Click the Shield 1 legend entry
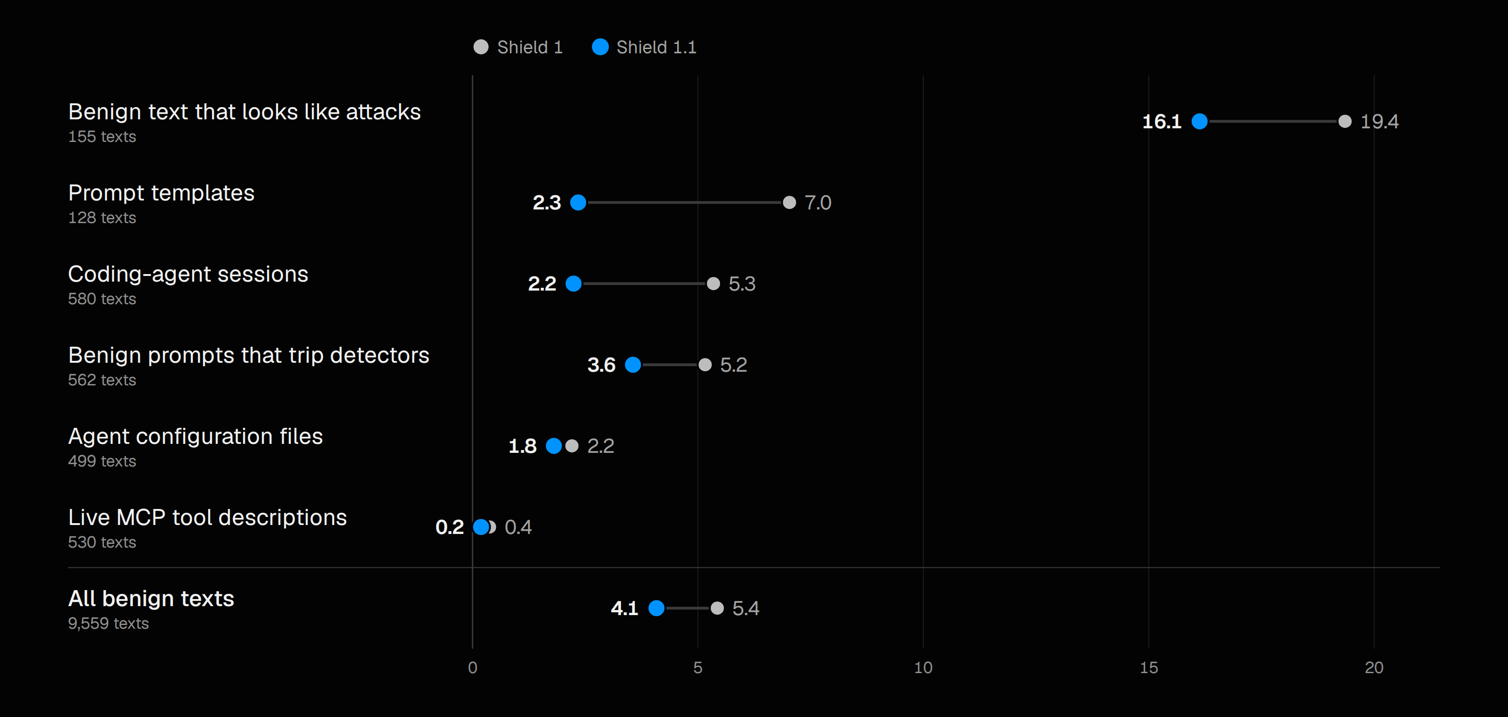click(x=518, y=47)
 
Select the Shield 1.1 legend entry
click(x=644, y=47)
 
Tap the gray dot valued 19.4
click(x=1344, y=121)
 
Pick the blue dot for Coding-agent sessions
click(x=573, y=283)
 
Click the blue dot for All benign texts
click(x=656, y=608)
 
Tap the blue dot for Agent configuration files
click(x=553, y=446)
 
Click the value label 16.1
click(x=1162, y=121)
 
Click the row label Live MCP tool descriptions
click(x=207, y=517)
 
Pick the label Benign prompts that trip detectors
click(x=249, y=355)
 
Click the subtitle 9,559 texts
click(x=108, y=623)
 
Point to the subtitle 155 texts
click(x=102, y=136)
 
